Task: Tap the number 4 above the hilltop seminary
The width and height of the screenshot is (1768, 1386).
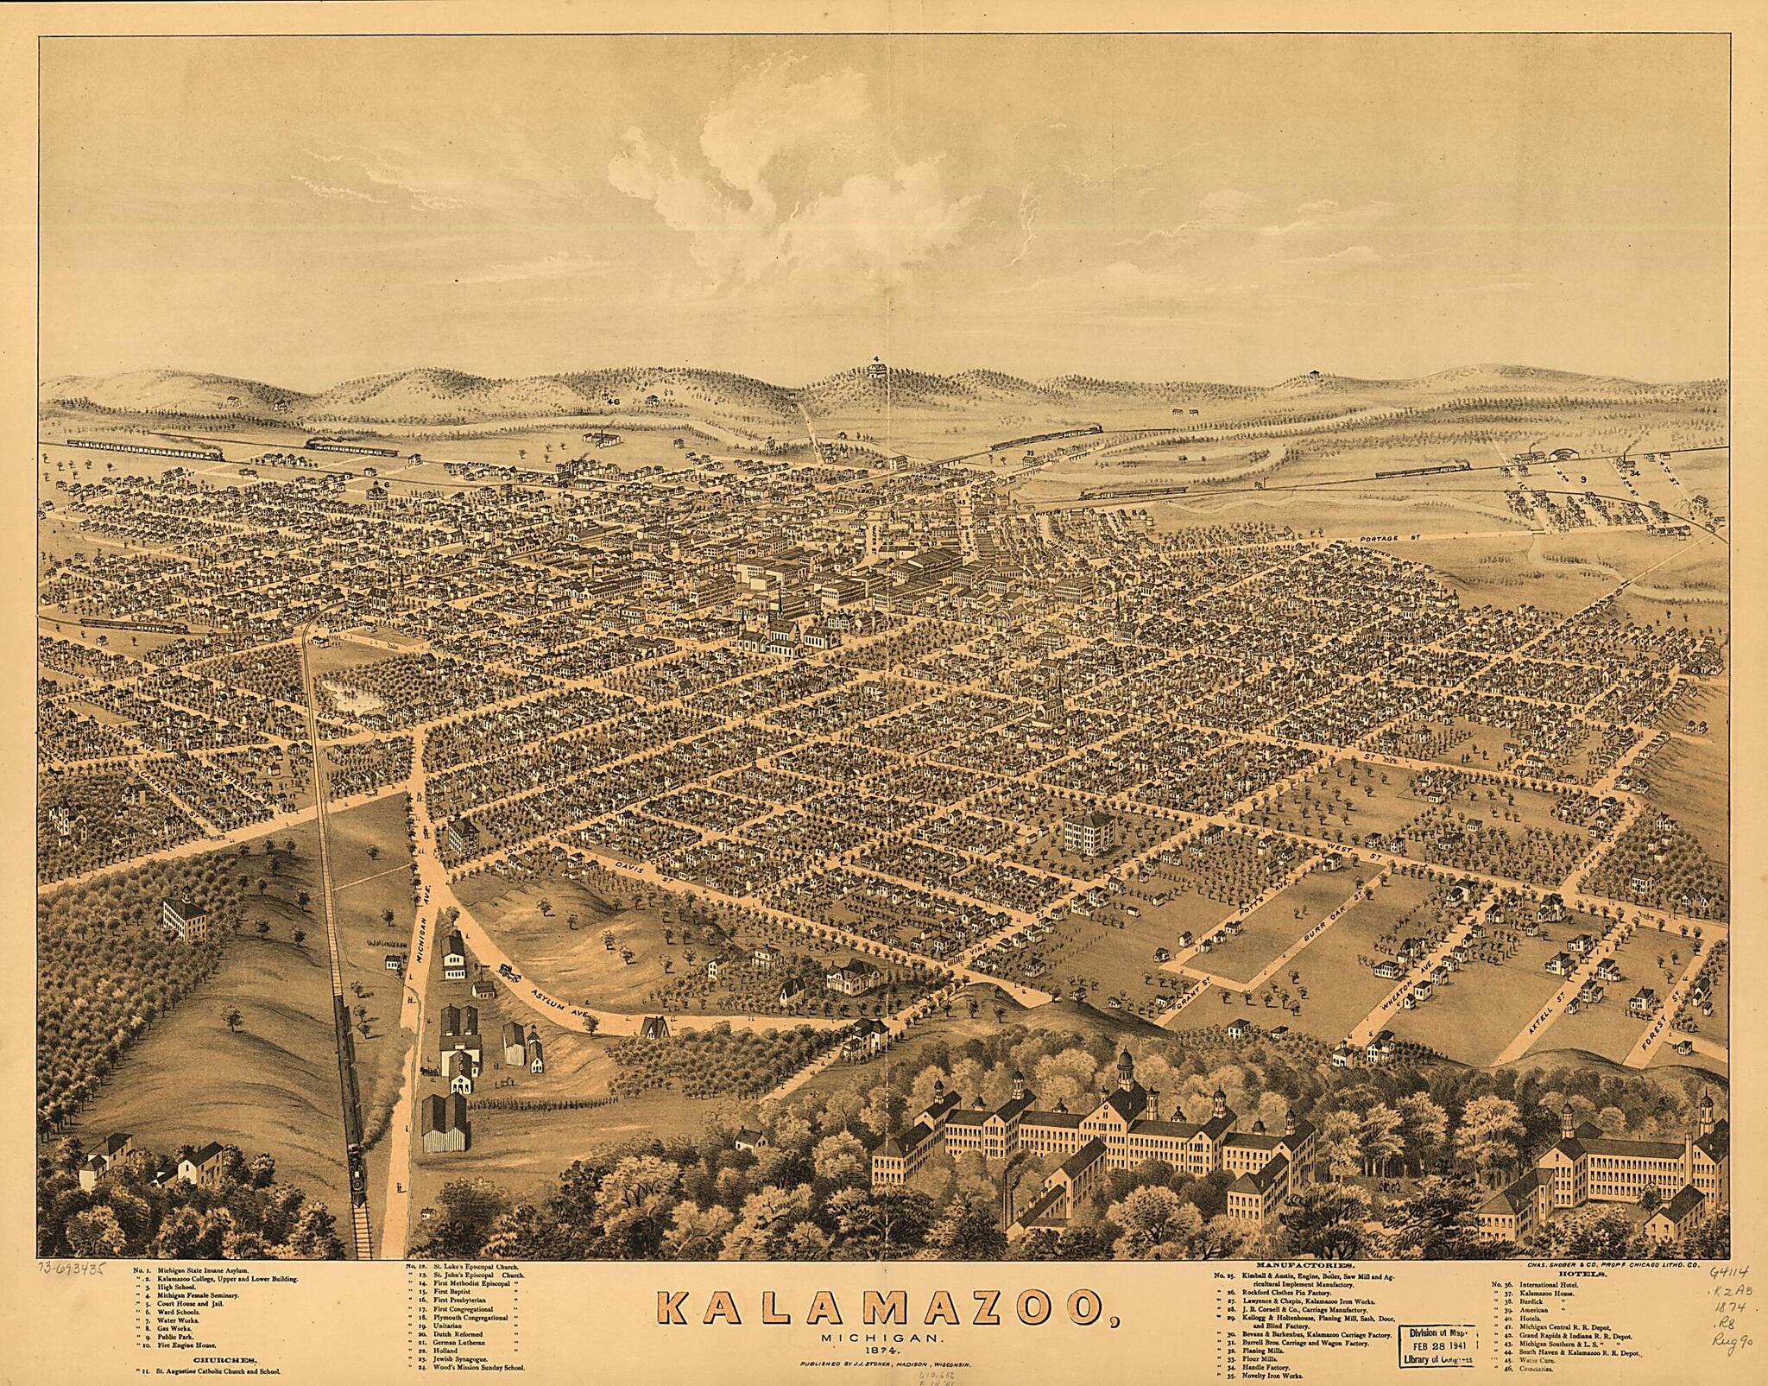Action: pyautogui.click(x=875, y=358)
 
